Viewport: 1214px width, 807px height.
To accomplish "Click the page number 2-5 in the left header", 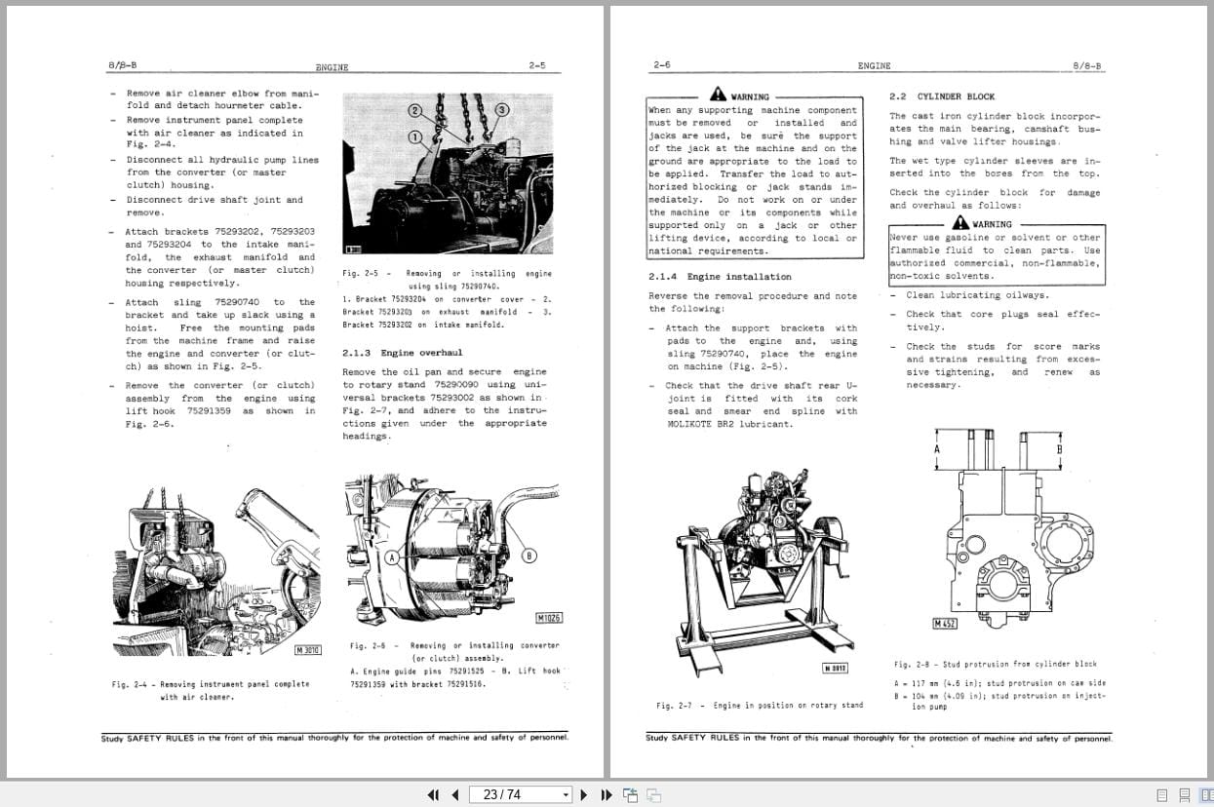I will [x=536, y=65].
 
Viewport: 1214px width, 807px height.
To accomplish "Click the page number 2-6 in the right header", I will [x=662, y=65].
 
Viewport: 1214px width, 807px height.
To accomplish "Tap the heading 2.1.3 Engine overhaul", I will [x=402, y=353].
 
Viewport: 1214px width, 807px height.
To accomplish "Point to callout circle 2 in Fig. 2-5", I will [x=415, y=110].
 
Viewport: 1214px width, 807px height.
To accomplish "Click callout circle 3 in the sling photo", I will [x=502, y=110].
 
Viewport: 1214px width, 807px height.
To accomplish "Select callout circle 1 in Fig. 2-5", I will [x=413, y=137].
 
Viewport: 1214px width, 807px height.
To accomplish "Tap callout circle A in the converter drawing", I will [x=393, y=558].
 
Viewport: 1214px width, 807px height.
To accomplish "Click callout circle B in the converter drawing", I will [x=529, y=556].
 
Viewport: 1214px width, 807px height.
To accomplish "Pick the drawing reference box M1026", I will [x=549, y=618].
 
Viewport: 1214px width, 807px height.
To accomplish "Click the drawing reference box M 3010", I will [x=307, y=650].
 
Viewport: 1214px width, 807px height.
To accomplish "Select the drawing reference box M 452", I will [x=944, y=624].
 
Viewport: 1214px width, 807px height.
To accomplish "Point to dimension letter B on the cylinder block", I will [x=1059, y=450].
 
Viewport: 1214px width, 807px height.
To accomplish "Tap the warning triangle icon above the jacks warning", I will [x=718, y=95].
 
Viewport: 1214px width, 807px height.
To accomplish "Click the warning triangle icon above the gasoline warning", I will [x=960, y=222].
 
